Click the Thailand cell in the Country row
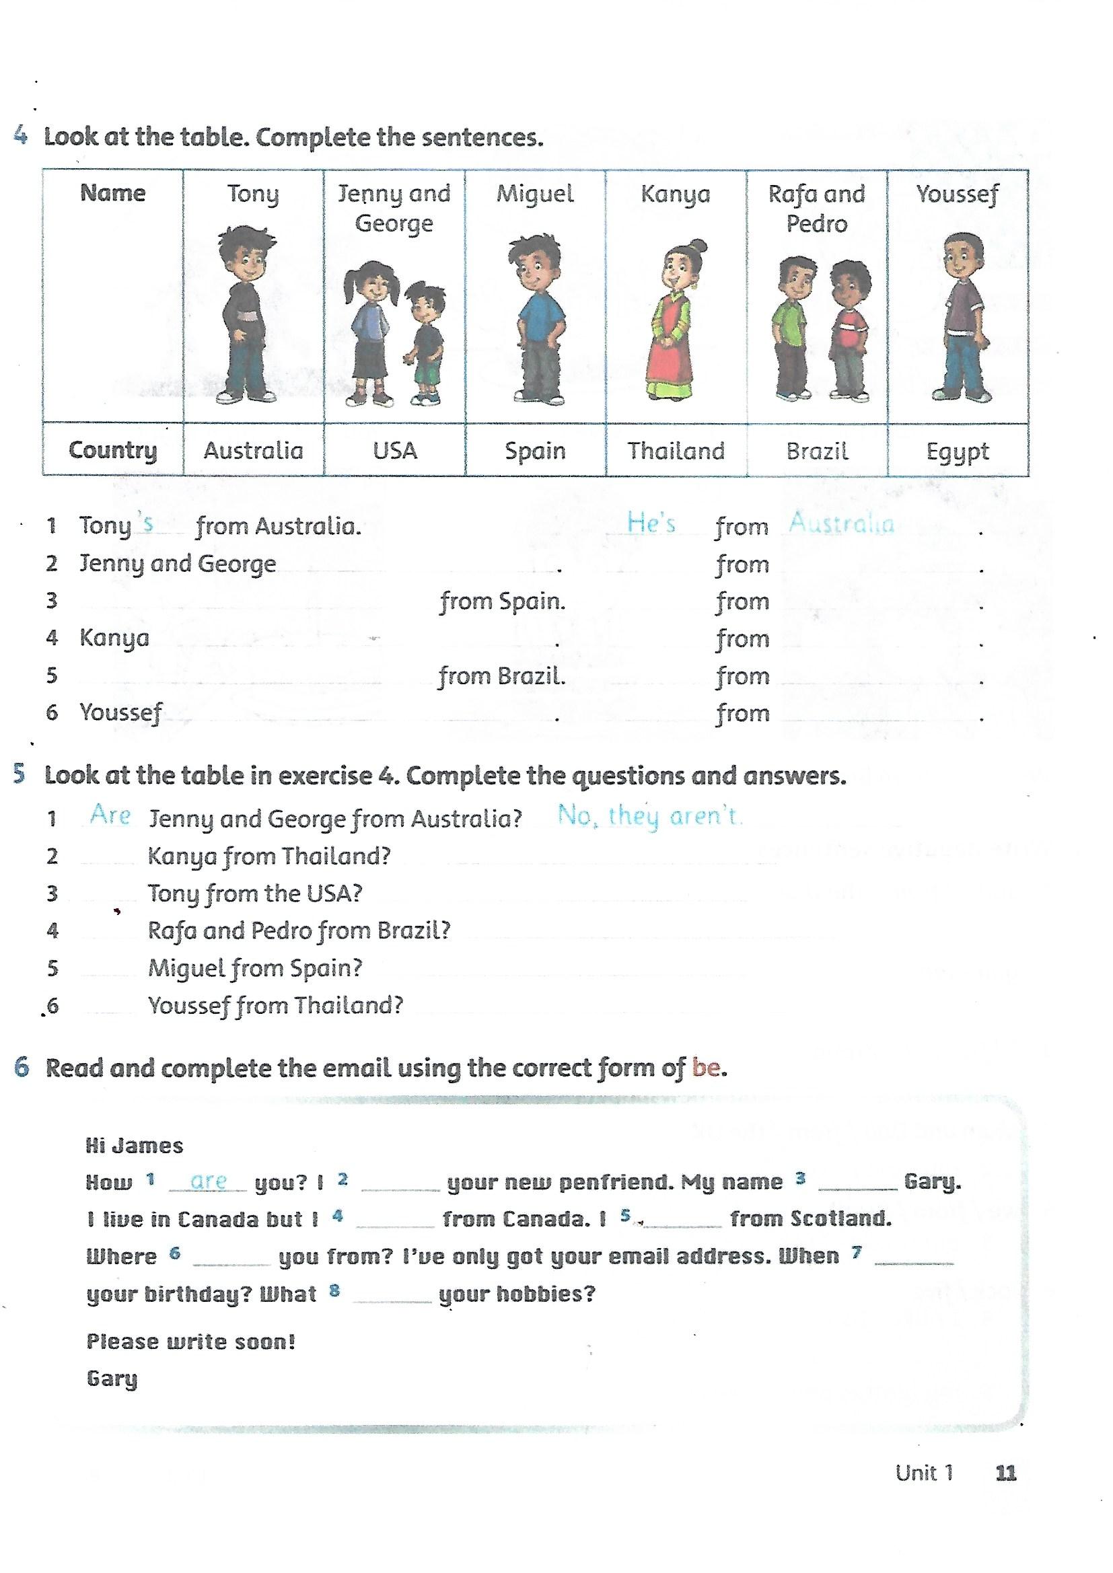click(676, 451)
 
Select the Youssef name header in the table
click(958, 194)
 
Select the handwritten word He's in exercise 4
click(651, 523)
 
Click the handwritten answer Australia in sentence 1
click(842, 523)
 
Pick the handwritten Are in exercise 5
click(110, 815)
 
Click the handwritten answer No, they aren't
click(648, 815)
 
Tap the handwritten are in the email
click(209, 1181)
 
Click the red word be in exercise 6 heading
click(707, 1067)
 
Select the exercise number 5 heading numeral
click(20, 774)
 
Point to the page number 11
click(1005, 1472)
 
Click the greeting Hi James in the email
click(135, 1146)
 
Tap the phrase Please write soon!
click(190, 1341)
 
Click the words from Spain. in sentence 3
click(503, 601)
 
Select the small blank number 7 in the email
click(856, 1251)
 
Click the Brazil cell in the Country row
click(817, 451)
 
